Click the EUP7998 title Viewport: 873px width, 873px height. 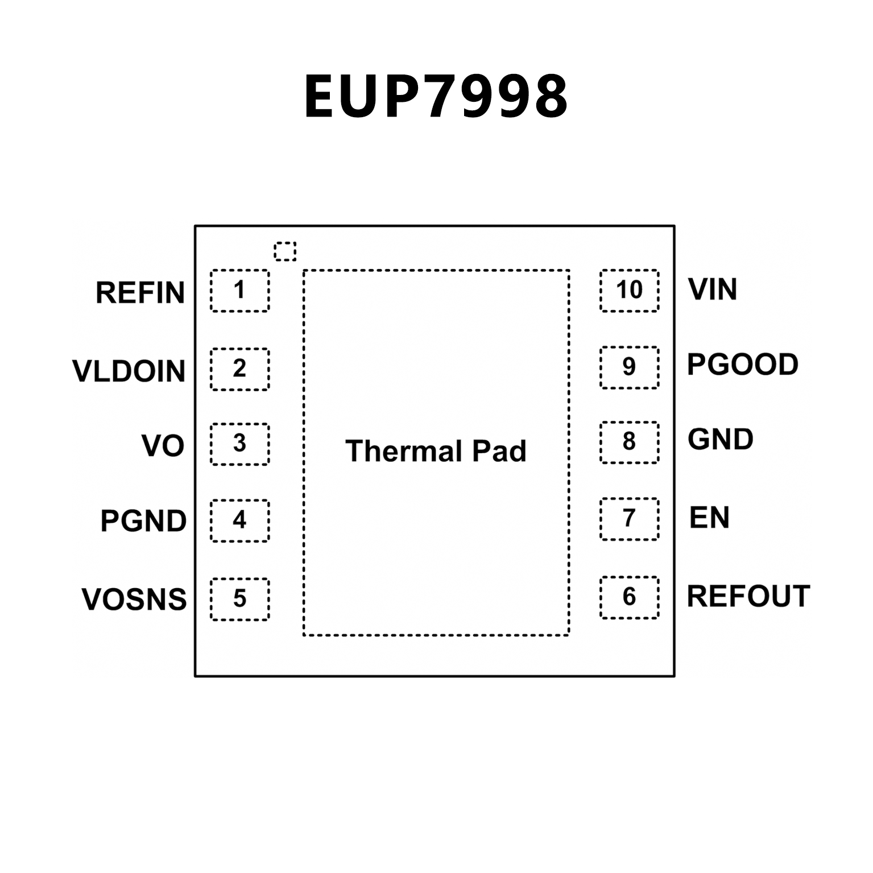[436, 97]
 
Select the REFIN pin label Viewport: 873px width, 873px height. [140, 293]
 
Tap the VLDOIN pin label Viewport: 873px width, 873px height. [129, 371]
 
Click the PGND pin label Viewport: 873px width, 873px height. [143, 521]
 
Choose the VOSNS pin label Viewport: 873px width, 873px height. [134, 599]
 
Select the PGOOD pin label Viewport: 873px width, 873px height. [743, 364]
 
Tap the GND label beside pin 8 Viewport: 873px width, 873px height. [721, 439]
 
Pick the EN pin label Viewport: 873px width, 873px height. [709, 517]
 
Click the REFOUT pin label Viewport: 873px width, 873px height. [748, 596]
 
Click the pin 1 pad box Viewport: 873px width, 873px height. [239, 291]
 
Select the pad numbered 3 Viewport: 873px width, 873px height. [239, 444]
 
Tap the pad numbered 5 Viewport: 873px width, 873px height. [239, 599]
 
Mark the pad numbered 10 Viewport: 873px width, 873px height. [629, 291]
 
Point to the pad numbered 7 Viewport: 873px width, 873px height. [629, 519]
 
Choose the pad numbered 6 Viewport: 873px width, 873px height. [629, 597]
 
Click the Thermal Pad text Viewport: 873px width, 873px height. [436, 451]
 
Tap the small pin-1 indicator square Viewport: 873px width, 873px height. [285, 251]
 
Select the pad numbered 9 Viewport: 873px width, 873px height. [629, 367]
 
